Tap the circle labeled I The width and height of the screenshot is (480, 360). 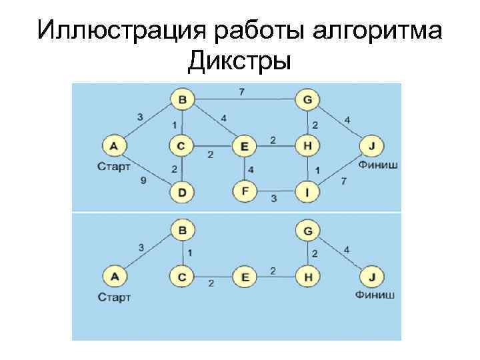(x=307, y=193)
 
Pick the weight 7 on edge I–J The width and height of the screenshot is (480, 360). (x=344, y=181)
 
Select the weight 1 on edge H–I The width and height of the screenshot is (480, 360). (x=317, y=170)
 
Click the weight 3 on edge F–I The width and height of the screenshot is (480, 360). (x=273, y=199)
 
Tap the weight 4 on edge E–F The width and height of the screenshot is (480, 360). (x=251, y=169)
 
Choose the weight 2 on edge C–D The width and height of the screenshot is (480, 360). (x=174, y=169)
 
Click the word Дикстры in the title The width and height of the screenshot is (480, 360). (x=239, y=61)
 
